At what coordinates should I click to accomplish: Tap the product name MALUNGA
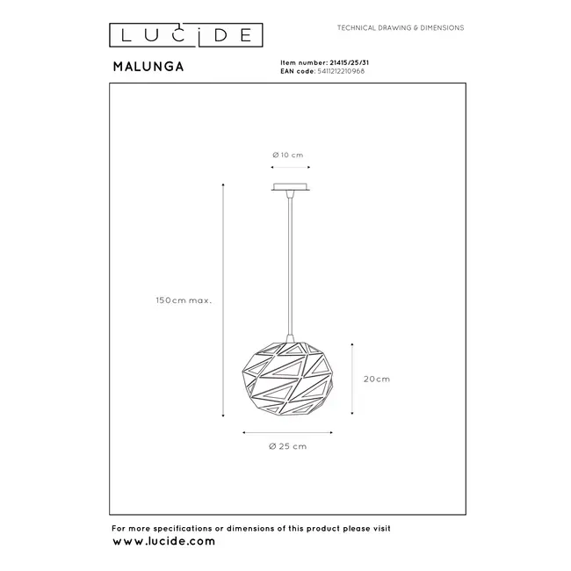(x=148, y=65)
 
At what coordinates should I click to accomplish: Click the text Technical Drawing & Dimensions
(x=401, y=29)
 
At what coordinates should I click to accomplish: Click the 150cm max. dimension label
(x=184, y=300)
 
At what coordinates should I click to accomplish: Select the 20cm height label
(x=376, y=379)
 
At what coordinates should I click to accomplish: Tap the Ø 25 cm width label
(x=287, y=446)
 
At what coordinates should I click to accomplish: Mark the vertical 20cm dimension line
(x=353, y=379)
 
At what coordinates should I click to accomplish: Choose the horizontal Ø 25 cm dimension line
(x=287, y=431)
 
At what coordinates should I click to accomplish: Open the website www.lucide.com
(x=163, y=541)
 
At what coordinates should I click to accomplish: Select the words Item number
(x=296, y=63)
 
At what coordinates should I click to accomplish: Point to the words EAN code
(x=293, y=71)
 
